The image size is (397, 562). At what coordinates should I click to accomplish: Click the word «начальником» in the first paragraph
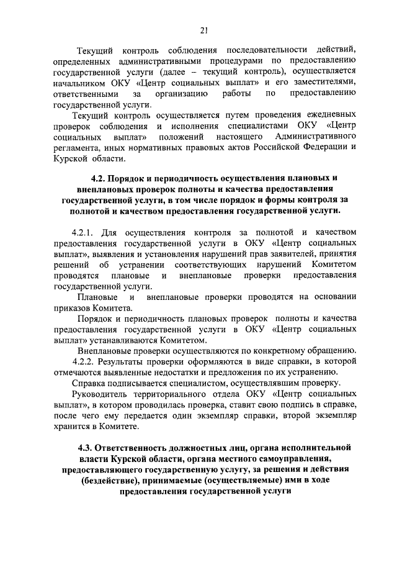(92, 83)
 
